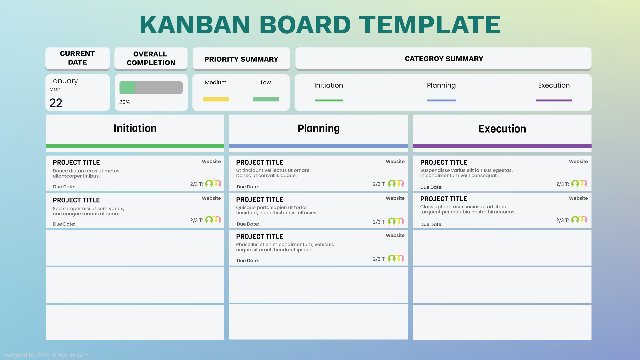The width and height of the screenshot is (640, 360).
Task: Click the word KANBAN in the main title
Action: [x=195, y=25]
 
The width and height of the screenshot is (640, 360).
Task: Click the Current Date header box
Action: [x=77, y=58]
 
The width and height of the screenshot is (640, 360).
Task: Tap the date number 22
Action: [x=56, y=103]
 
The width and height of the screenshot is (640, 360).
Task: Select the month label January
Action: [x=64, y=81]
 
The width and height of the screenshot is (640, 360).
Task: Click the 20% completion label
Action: [x=124, y=102]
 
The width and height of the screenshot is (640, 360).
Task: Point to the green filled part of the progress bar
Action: [x=127, y=88]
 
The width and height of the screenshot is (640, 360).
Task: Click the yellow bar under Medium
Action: [x=216, y=99]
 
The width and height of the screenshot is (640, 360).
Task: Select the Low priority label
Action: [x=266, y=82]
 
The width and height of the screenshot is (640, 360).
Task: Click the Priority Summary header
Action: [x=241, y=59]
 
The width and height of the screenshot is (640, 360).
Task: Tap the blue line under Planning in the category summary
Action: [x=441, y=100]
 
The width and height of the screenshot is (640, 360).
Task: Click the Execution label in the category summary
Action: [x=554, y=85]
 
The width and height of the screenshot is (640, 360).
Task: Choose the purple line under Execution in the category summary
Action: [x=554, y=100]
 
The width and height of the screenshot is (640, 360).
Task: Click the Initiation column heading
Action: [x=135, y=128]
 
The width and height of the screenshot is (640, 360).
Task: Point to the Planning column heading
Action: [x=318, y=128]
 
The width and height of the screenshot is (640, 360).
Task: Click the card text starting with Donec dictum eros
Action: [x=86, y=173]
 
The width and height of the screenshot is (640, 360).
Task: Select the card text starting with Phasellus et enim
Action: [x=285, y=247]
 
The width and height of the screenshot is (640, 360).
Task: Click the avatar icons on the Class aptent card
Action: [x=579, y=220]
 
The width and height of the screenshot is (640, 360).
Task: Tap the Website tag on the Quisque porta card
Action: [x=395, y=198]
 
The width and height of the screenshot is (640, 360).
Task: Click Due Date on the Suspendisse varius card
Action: [x=431, y=187]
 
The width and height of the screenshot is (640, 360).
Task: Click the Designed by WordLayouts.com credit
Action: [x=45, y=355]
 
